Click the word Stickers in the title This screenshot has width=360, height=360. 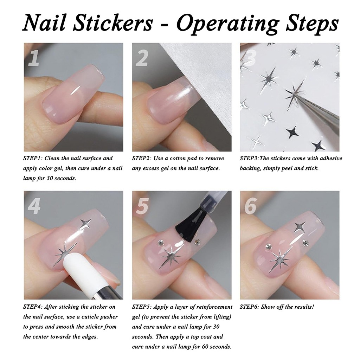[113, 23]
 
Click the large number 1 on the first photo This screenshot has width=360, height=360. [33, 58]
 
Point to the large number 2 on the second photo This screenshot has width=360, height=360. [142, 58]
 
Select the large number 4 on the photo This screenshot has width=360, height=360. [34, 206]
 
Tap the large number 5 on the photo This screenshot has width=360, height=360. [142, 206]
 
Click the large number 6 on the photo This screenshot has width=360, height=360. [250, 206]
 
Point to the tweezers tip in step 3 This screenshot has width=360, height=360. [298, 95]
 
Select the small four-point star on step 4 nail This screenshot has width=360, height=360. [86, 223]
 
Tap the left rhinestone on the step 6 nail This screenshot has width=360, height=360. [268, 246]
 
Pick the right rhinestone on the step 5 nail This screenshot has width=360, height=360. [197, 242]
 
